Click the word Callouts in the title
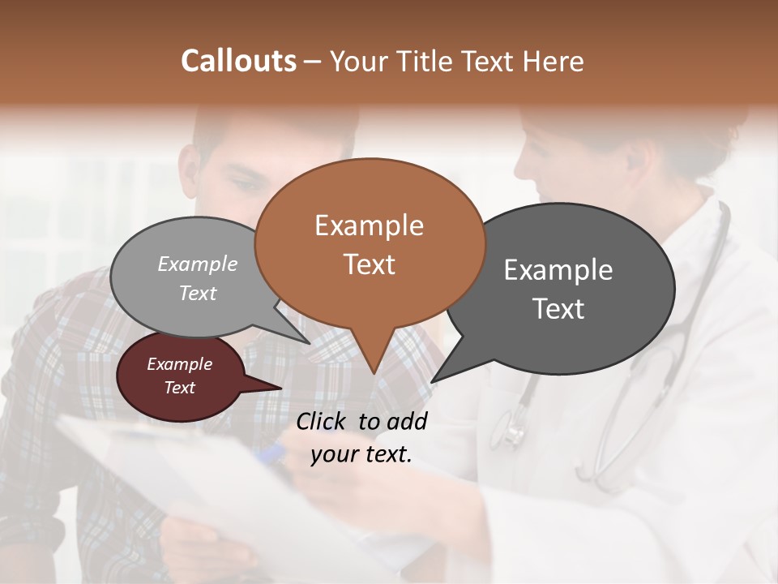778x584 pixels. click(238, 61)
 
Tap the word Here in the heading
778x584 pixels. click(552, 61)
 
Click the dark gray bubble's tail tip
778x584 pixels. click(434, 380)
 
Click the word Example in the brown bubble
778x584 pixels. click(369, 225)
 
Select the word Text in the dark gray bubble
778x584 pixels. click(558, 309)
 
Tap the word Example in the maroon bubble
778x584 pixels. click(179, 364)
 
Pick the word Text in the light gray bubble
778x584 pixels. click(198, 293)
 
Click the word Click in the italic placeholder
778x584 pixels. click(324, 421)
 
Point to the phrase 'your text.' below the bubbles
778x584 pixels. click(361, 454)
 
